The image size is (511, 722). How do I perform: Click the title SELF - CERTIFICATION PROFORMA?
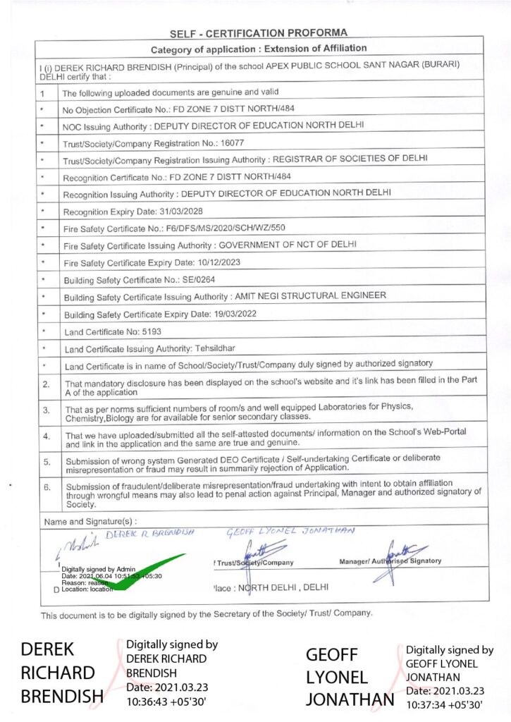[x=259, y=32]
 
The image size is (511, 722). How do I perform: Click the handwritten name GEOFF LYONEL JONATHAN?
[x=290, y=531]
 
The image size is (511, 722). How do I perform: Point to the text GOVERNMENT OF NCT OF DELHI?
[x=288, y=245]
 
